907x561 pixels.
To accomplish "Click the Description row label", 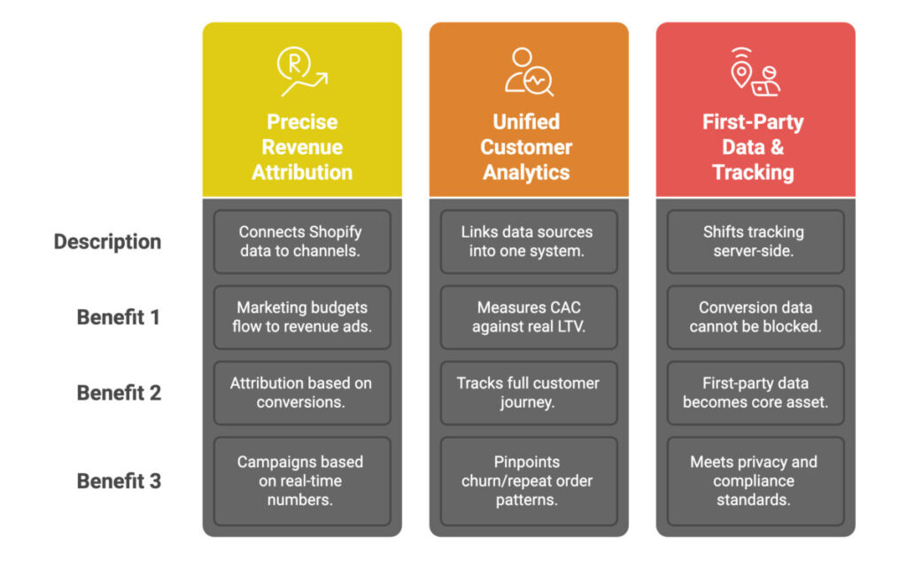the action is click(x=107, y=241).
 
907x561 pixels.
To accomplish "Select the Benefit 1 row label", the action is click(x=119, y=317).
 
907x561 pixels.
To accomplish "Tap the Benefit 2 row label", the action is click(x=119, y=393).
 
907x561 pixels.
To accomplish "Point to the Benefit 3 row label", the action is click(x=119, y=480).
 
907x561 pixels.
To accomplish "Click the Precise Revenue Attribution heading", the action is click(x=302, y=147).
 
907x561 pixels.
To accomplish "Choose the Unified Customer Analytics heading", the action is click(x=526, y=147).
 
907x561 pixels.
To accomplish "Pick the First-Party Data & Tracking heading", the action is click(x=753, y=147).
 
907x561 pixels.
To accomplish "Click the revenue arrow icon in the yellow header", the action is click(x=302, y=71).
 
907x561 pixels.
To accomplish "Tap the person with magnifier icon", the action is click(x=529, y=71).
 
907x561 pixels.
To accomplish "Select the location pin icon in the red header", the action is click(x=741, y=69).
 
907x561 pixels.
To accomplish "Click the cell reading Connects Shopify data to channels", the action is click(x=302, y=241).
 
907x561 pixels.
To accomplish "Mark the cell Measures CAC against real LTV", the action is click(x=529, y=317).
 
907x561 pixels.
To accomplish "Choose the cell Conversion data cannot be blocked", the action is click(x=756, y=317).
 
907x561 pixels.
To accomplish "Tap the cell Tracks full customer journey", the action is click(x=529, y=393).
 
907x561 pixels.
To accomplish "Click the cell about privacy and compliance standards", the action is click(x=756, y=481).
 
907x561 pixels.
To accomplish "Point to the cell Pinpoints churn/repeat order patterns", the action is click(x=529, y=481).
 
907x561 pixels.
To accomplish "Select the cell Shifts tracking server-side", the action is click(x=756, y=241).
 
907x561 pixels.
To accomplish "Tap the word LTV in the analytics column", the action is click(x=571, y=326).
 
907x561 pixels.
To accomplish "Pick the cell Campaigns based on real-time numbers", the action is click(x=302, y=481).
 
